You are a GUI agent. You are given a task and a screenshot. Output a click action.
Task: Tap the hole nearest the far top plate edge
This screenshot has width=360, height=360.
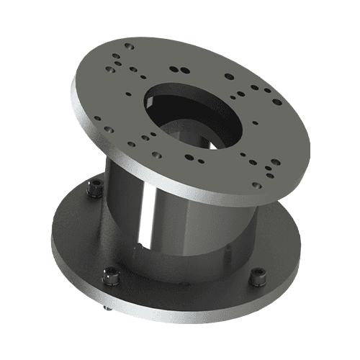tap(130, 45)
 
